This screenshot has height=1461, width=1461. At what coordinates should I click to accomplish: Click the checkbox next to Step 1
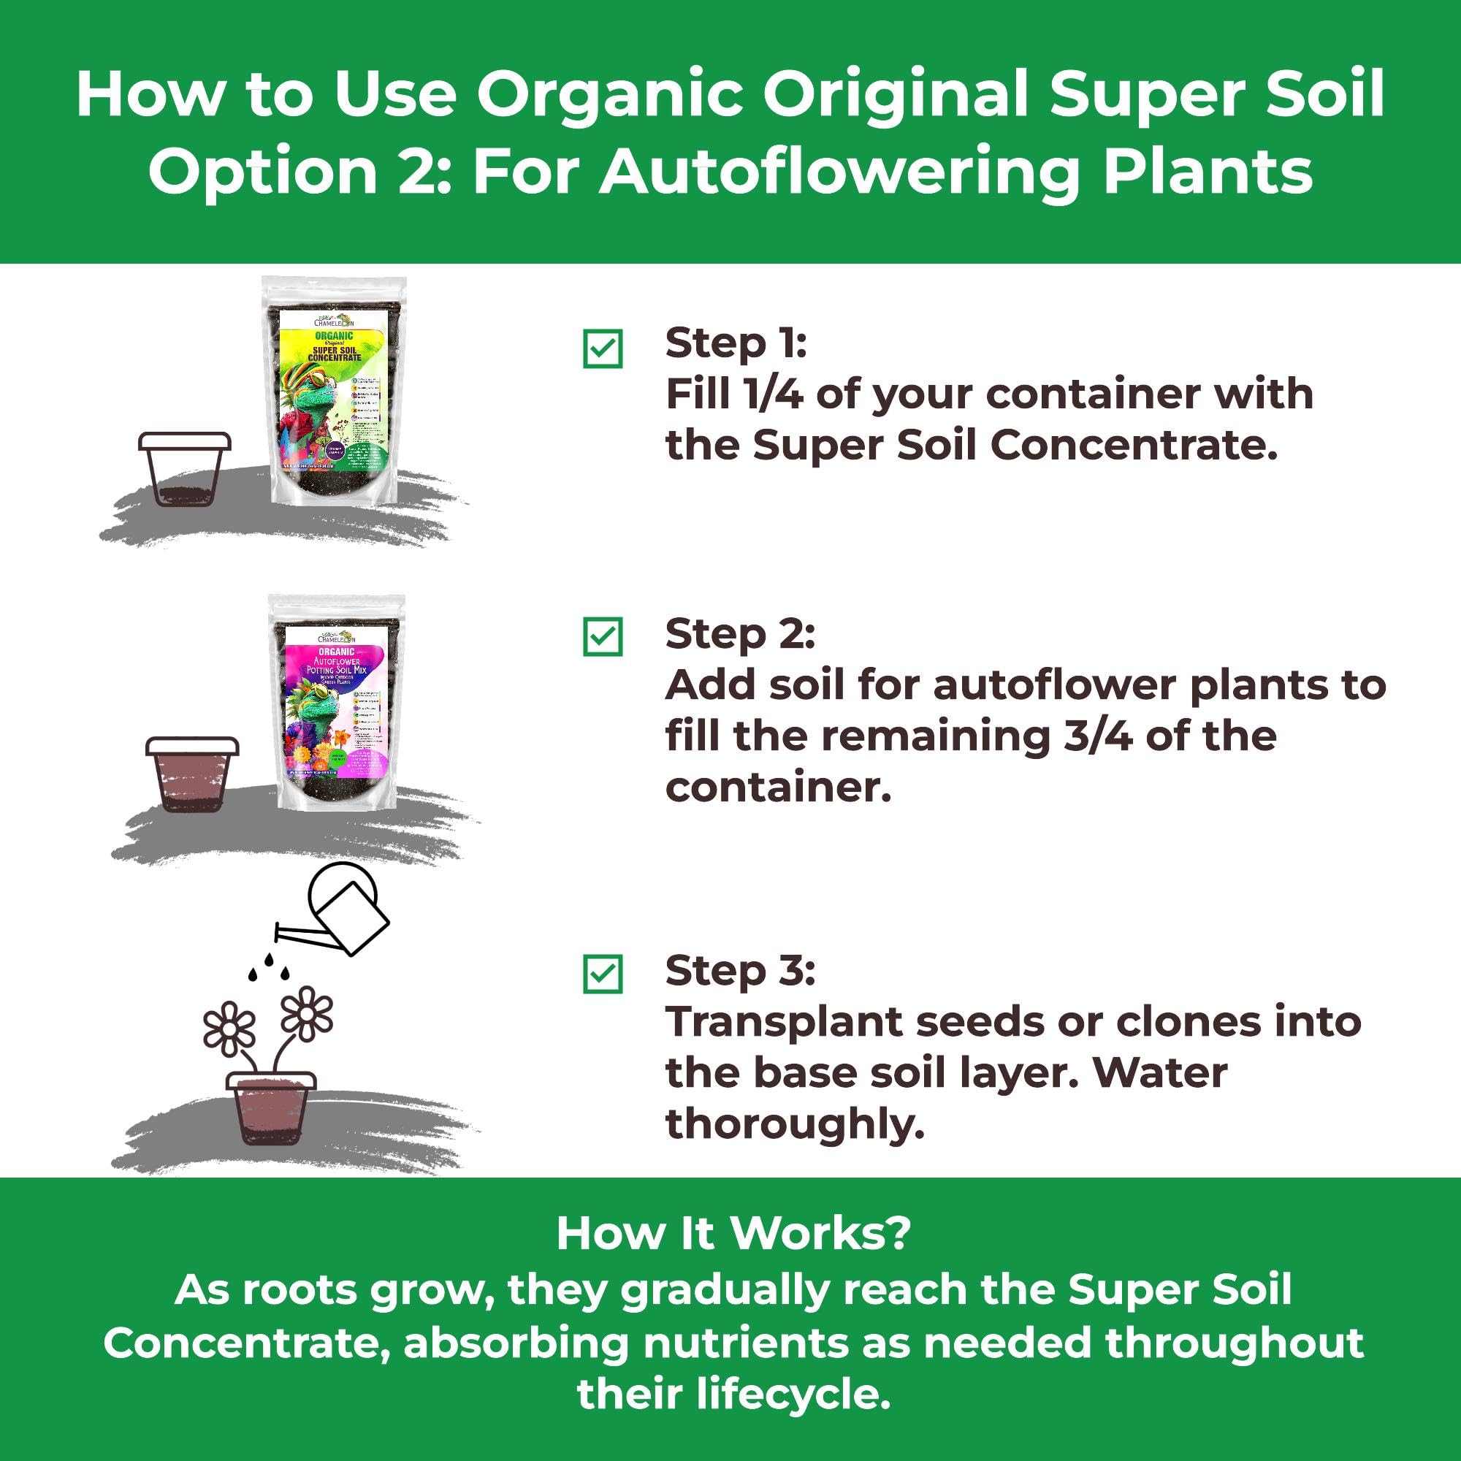(x=603, y=348)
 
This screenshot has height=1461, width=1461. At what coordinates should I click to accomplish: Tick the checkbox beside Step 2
(x=603, y=637)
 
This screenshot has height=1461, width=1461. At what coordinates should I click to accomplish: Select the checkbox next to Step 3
(x=603, y=974)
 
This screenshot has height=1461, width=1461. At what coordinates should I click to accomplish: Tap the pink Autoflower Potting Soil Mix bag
(x=337, y=703)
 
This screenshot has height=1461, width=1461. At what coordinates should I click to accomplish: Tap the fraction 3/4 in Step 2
(x=1097, y=736)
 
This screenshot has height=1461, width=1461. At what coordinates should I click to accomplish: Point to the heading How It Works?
(x=733, y=1234)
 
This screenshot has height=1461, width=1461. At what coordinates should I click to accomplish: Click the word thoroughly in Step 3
(x=795, y=1124)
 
